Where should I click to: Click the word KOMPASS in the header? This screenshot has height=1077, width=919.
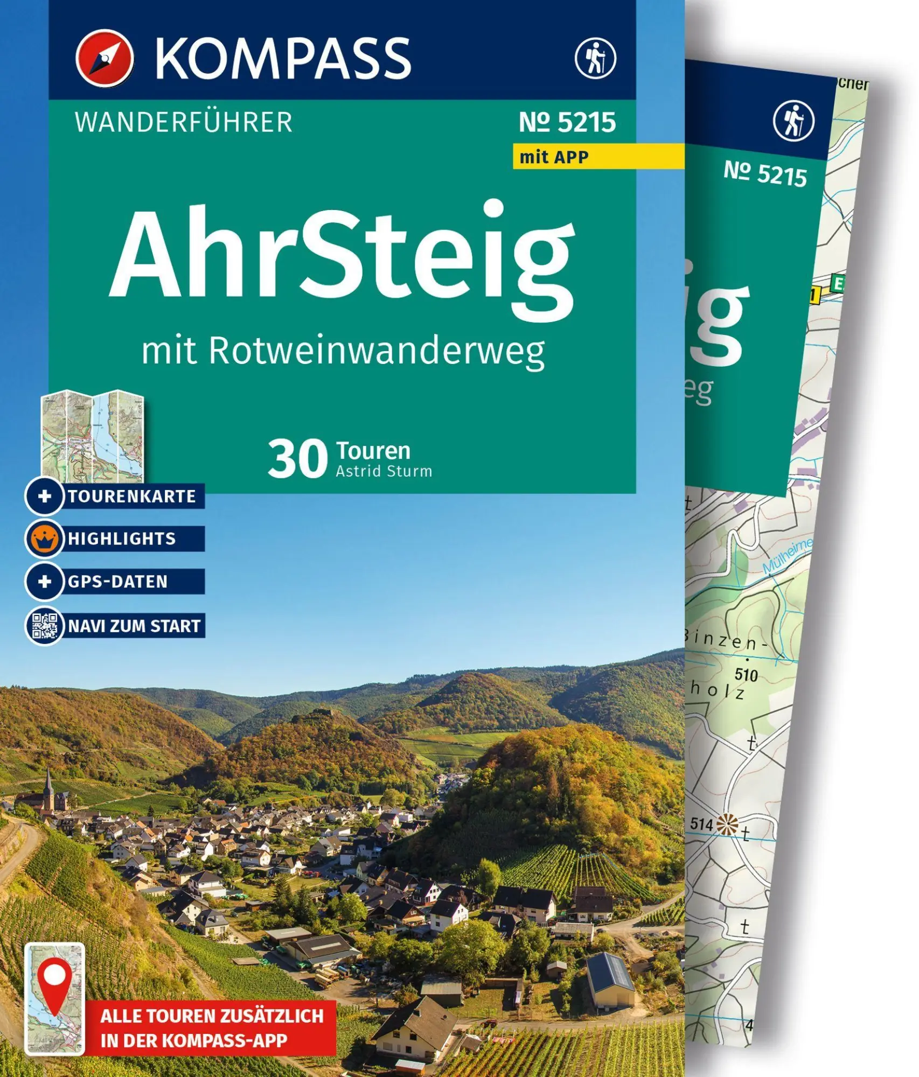pos(283,58)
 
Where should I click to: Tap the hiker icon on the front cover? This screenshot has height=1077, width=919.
pos(595,58)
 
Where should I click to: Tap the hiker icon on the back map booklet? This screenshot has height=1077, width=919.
pos(793,121)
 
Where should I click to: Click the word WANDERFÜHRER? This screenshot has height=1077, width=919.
pos(183,122)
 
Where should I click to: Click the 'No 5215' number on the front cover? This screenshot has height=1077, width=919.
pos(567,122)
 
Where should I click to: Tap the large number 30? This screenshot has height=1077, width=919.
pos(297,459)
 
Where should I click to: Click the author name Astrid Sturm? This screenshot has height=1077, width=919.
pos(384,471)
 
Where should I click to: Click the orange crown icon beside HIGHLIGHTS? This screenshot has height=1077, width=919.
pos(45,538)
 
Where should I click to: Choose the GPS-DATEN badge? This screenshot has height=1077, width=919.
pos(117,582)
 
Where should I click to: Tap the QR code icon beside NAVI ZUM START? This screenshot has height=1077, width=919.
pos(45,626)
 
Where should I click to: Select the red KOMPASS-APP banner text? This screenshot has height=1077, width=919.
pos(212,1028)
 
